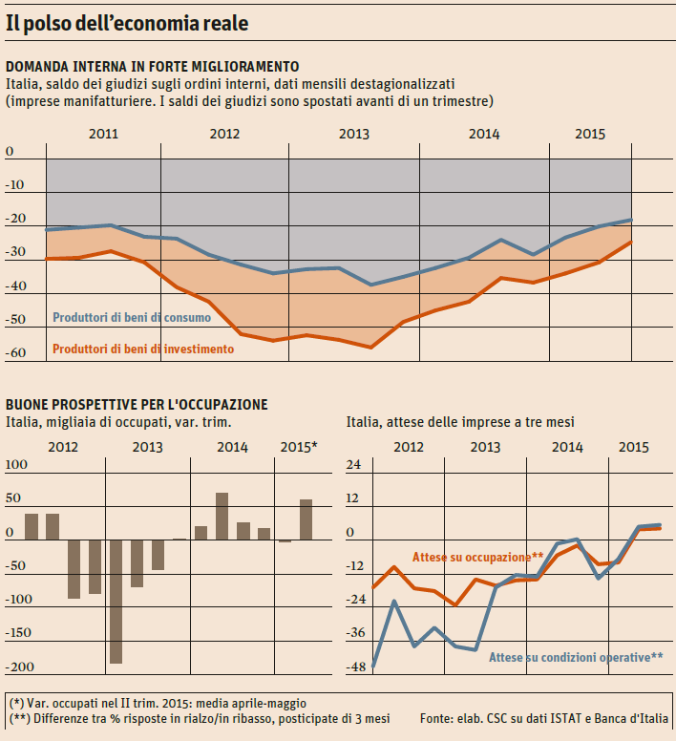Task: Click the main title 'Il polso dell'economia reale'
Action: point(127,24)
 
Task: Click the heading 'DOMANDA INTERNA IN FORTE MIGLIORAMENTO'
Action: point(153,66)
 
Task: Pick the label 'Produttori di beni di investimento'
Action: point(143,349)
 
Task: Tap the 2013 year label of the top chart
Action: point(354,134)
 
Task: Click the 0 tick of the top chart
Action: point(11,152)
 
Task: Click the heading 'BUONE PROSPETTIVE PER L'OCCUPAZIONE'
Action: point(137,405)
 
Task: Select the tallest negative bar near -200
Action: point(116,602)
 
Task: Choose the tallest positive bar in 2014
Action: point(222,517)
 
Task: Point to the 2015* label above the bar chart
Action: point(300,447)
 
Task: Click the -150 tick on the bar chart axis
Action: point(19,633)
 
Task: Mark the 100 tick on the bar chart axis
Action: point(17,465)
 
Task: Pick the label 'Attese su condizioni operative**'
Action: point(576,657)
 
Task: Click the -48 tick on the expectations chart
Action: point(354,667)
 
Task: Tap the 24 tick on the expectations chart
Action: point(353,465)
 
